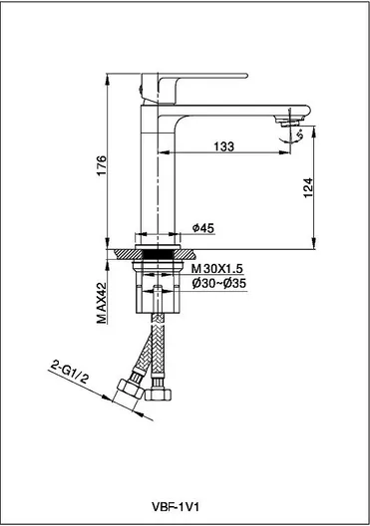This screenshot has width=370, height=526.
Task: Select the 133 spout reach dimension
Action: pos(224,146)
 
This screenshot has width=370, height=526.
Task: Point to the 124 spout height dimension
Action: pos(308,188)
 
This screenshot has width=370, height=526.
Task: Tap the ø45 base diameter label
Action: pos(203,228)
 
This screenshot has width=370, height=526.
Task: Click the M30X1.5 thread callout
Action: pos(217,268)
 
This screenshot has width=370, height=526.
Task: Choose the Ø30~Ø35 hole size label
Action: pos(219,284)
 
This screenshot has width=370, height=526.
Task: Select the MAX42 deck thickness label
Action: pos(101,304)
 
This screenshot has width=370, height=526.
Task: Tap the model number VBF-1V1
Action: pos(176,497)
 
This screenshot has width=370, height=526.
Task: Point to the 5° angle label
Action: pos(299,135)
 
